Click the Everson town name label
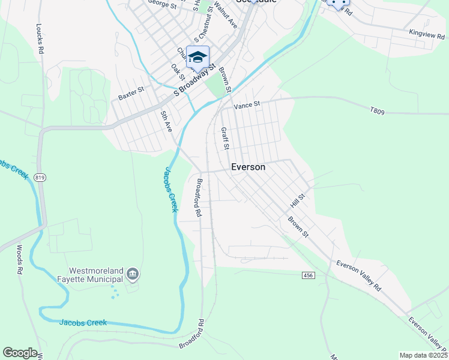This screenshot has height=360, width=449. pos(248,167)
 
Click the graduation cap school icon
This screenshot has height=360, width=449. pos(197,57)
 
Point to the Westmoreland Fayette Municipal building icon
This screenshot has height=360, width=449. pos(133,275)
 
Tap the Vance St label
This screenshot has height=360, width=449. pos(247,104)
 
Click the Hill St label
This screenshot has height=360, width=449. pos(298,196)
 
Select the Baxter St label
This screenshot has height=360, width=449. pos(131,94)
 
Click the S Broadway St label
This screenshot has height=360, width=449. pos(194,82)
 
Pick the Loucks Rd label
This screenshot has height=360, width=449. pos(40,40)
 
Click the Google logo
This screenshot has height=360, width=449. pos(20,353)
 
